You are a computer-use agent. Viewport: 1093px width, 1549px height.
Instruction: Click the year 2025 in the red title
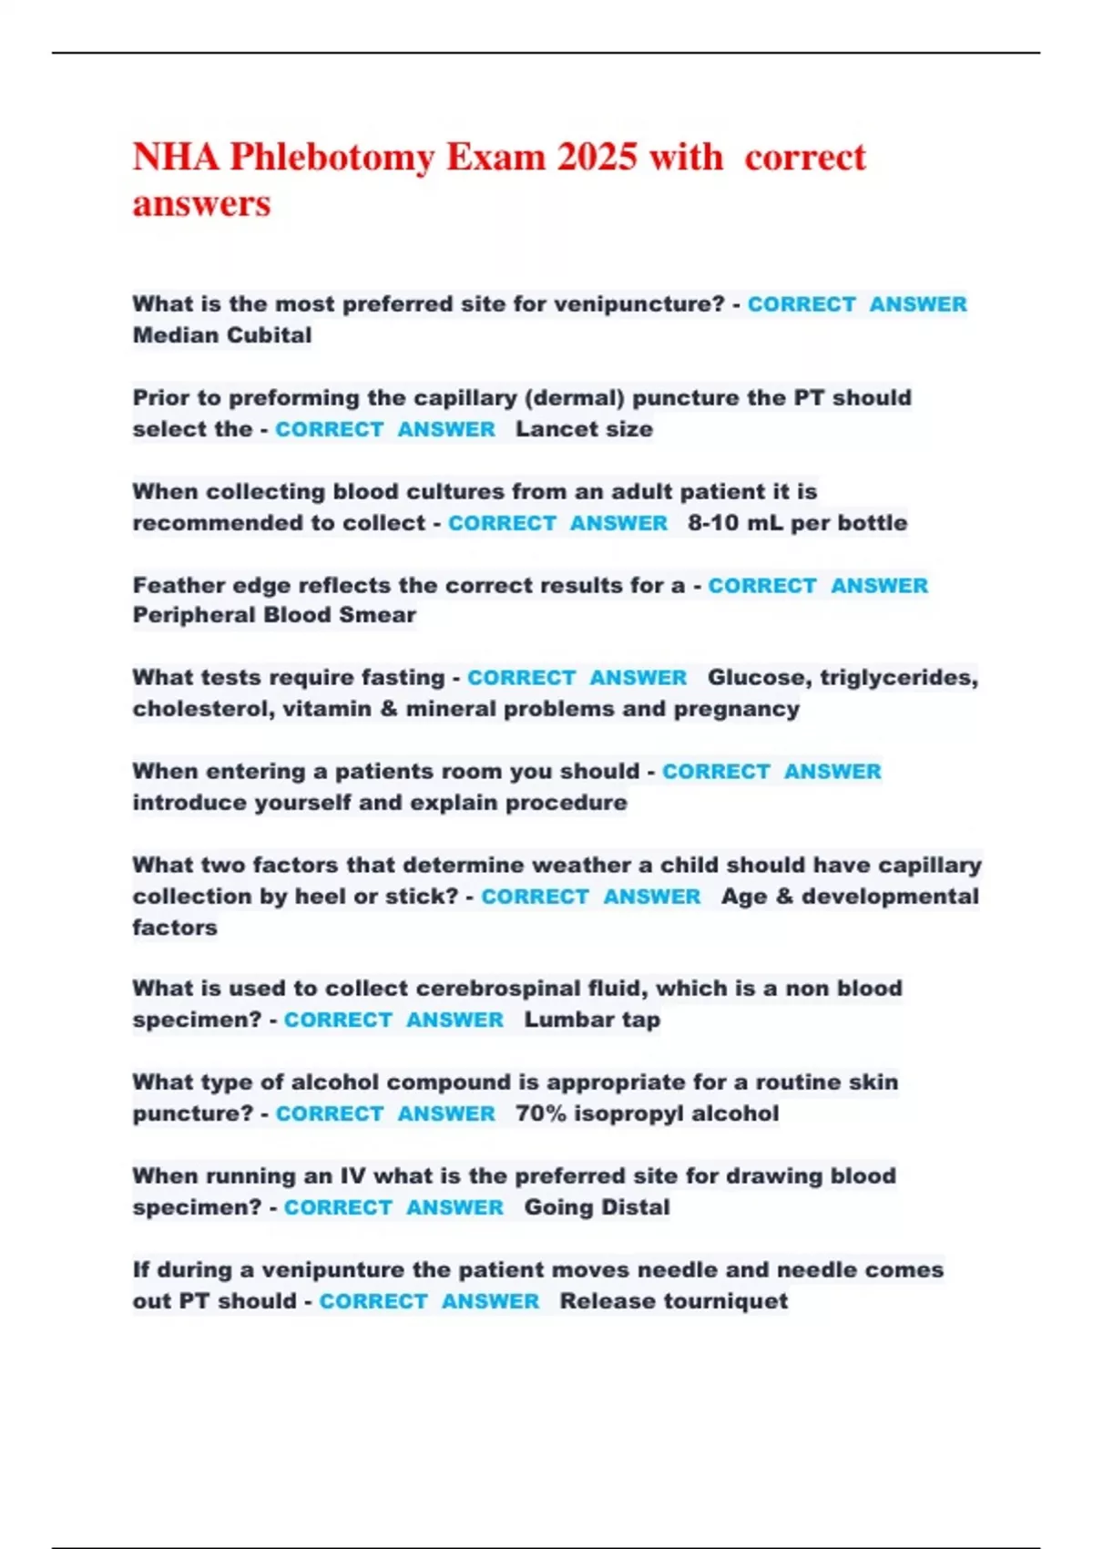(x=597, y=157)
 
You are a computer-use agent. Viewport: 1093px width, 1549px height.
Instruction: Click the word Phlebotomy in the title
(x=332, y=157)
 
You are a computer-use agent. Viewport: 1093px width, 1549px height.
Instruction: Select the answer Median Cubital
(x=222, y=335)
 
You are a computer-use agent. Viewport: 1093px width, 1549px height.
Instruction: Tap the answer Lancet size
(x=584, y=429)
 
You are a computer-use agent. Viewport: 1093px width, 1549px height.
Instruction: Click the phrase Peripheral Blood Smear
(x=274, y=615)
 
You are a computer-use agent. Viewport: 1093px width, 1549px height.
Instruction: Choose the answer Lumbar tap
(x=592, y=1020)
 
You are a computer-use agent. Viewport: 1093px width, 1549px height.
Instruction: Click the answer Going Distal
(x=597, y=1207)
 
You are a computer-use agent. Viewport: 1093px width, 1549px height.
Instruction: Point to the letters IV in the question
(x=352, y=1176)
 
